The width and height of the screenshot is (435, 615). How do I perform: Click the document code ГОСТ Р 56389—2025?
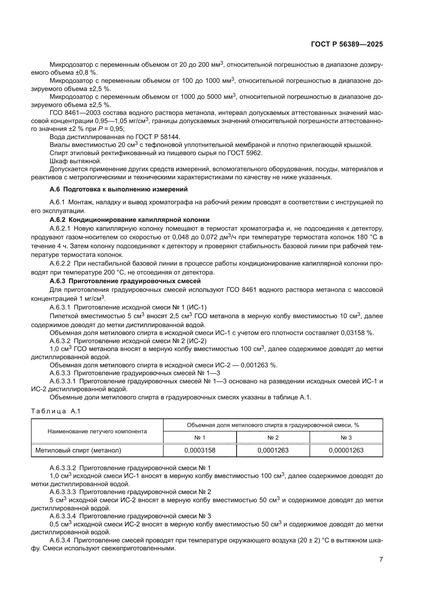coord(347,44)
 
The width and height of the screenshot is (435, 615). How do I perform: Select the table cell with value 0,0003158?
coord(200,450)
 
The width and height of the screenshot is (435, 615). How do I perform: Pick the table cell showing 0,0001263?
coord(273,450)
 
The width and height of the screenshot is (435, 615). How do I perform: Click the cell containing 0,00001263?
coord(346,450)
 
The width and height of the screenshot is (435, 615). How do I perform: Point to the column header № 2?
coord(273,438)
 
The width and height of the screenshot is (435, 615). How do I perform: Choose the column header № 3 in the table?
coord(346,438)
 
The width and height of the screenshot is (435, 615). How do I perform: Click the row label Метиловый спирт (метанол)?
coord(78,450)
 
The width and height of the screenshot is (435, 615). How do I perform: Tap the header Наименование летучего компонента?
coord(97,431)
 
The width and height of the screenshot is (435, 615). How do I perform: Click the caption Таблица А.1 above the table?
coord(56,411)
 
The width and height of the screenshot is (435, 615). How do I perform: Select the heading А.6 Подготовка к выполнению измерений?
coord(118,189)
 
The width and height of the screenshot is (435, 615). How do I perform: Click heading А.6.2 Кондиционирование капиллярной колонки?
coord(129,220)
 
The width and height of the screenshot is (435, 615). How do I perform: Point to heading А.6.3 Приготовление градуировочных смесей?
coord(125,281)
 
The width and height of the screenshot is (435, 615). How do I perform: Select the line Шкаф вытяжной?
coord(75,161)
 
